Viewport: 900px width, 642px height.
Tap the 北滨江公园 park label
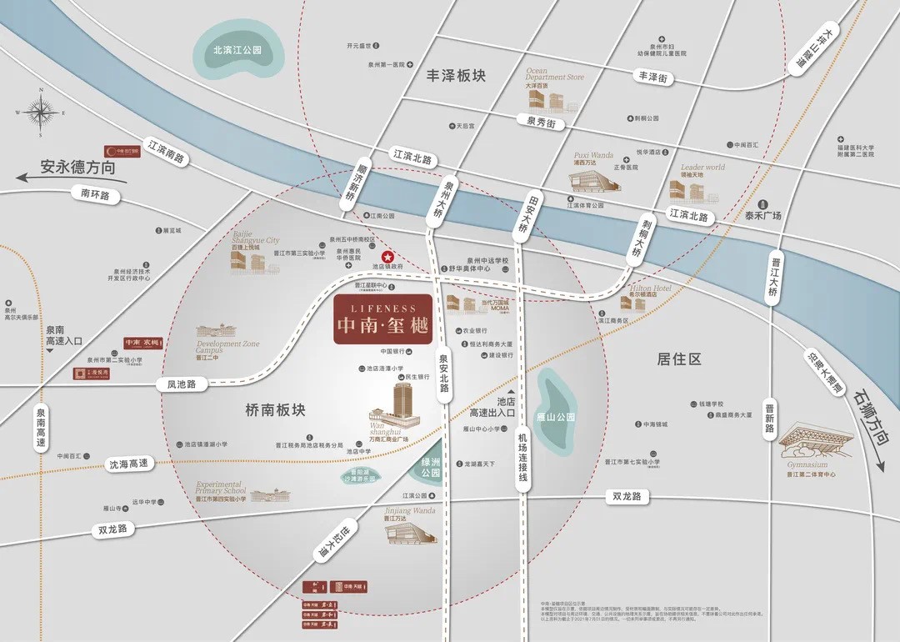point(237,50)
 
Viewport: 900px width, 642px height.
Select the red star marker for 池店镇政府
point(387,256)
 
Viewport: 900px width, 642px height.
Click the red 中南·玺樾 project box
point(382,319)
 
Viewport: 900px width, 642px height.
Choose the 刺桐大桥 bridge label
point(637,237)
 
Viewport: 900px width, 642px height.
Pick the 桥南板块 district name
point(276,410)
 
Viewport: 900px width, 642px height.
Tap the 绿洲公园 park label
point(431,466)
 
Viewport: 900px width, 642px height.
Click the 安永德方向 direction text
point(77,166)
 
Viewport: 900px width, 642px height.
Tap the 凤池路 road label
point(181,384)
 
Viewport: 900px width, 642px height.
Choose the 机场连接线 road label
point(522,458)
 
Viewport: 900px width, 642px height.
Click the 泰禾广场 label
point(763,216)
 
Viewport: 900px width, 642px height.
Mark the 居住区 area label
point(679,359)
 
